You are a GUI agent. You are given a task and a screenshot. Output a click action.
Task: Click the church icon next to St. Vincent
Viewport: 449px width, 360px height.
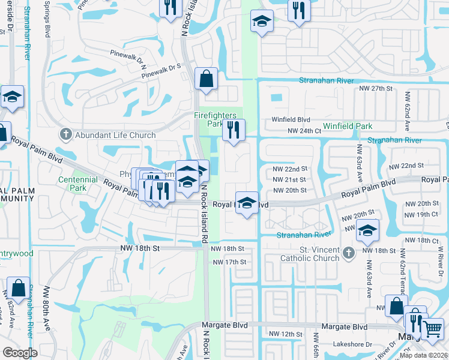tap(348, 254)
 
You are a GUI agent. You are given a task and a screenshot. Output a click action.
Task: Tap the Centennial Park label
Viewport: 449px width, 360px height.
tap(77, 184)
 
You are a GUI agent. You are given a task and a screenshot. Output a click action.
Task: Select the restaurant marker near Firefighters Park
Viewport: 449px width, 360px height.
tap(233, 130)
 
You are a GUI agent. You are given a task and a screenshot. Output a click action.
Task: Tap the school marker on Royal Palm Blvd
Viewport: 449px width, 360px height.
tap(246, 202)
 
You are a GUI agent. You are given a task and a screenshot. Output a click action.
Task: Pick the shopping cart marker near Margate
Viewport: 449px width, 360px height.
tap(432, 328)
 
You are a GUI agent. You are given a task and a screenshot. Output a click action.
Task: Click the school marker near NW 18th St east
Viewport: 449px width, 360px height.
tap(367, 230)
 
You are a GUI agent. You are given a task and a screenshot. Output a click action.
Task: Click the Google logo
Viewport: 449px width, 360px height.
tap(20, 353)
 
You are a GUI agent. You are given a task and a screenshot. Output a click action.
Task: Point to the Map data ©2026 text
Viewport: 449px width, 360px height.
tap(423, 355)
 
